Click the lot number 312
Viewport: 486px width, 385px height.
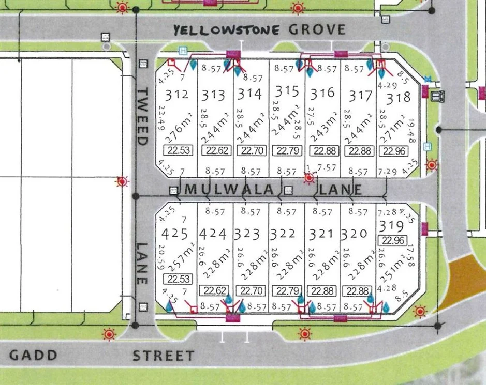176,95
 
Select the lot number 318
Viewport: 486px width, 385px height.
398,97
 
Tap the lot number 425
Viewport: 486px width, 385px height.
174,234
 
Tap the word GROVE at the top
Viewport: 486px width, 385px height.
317,29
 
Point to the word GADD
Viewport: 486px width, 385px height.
33,355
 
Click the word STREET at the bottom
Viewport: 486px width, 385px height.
163,356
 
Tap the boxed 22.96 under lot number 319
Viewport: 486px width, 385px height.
392,240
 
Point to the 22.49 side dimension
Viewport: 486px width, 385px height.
162,118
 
